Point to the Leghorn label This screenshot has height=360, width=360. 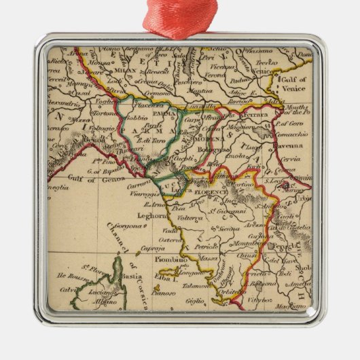pos(152,215)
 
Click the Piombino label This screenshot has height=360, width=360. pos(166,259)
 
